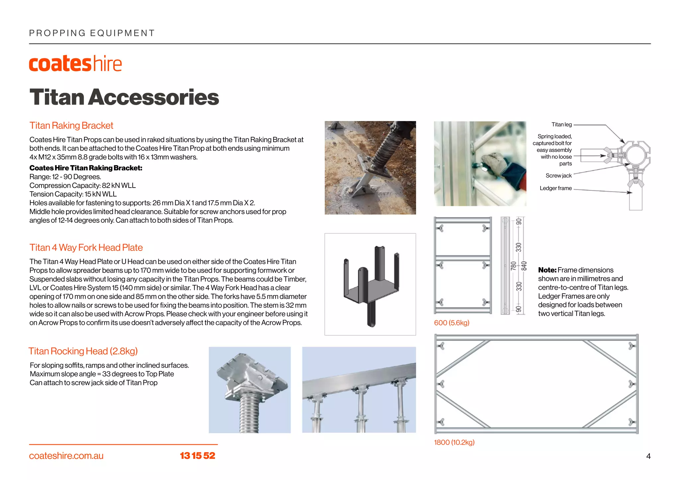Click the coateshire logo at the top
75,64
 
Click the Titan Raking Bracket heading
71,126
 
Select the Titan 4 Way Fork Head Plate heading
86,248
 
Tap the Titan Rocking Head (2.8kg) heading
83,351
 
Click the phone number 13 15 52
198,456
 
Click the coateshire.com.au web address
66,456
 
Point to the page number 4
648,456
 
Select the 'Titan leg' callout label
561,125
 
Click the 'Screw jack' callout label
558,176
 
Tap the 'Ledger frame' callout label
555,188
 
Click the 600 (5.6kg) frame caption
452,323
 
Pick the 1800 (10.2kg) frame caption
454,443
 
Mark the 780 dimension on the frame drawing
513,266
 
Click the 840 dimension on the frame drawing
524,266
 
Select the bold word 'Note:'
547,270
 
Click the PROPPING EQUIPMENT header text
92,33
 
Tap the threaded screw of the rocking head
249,414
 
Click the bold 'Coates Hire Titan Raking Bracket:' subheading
86,168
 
